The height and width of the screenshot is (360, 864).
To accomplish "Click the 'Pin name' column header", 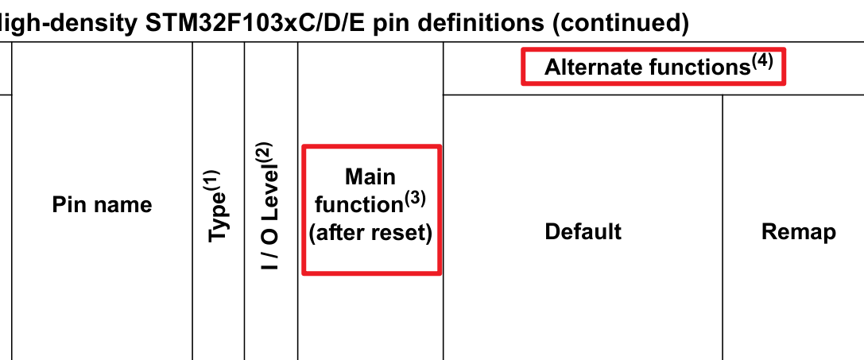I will tap(102, 205).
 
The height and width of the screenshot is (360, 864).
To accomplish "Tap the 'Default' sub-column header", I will tap(583, 231).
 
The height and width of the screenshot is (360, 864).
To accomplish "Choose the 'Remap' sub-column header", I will tap(798, 231).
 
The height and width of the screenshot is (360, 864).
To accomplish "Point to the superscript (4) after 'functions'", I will tap(761, 61).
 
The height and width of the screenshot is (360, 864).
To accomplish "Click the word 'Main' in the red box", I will tap(370, 176).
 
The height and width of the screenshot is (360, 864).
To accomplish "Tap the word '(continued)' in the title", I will tap(620, 22).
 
